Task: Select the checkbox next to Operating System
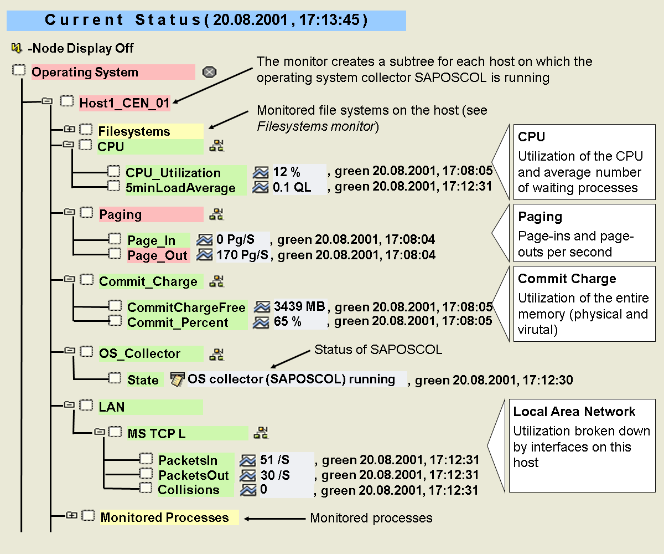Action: coord(19,71)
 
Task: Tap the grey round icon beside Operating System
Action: coord(209,72)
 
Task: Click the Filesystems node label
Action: coord(134,132)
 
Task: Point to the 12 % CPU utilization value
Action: coord(287,172)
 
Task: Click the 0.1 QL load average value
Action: coord(292,188)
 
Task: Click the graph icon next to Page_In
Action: coord(205,240)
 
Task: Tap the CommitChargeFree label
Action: coord(186,307)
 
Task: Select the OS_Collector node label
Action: coord(139,353)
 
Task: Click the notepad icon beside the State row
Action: coord(177,379)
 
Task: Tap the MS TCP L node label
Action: coord(157,433)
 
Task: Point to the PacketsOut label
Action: coord(194,475)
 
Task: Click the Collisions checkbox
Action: coord(146,488)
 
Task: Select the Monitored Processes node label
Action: coord(164,517)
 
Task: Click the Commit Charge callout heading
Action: coord(567,279)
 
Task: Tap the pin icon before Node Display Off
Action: coord(17,48)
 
